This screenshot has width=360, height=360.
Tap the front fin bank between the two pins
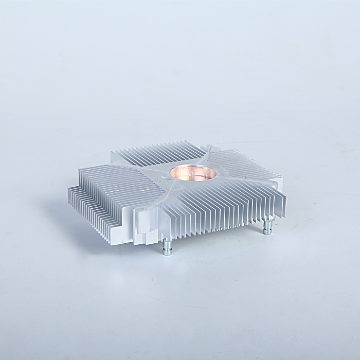pos(216,211)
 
